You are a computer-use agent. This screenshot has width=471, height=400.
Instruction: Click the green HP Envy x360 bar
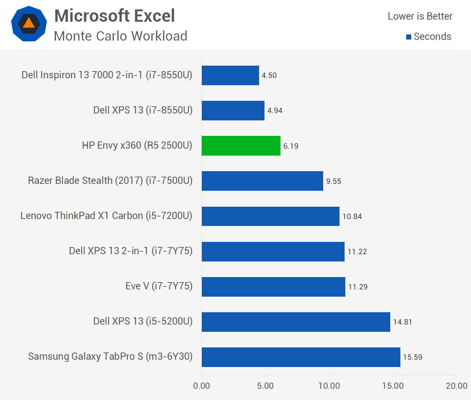[241, 146]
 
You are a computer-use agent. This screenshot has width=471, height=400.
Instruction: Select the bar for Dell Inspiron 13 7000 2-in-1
[230, 75]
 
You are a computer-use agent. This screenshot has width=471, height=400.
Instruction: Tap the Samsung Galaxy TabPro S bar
[301, 357]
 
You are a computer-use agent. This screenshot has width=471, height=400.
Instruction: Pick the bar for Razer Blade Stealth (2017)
[263, 181]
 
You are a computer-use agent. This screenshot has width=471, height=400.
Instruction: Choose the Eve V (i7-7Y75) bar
[274, 286]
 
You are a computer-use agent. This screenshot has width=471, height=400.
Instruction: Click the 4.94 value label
[275, 111]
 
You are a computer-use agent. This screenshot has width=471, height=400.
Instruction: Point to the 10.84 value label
[352, 216]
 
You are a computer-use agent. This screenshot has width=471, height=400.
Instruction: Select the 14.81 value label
[403, 322]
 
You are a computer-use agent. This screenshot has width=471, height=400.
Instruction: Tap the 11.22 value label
[357, 252]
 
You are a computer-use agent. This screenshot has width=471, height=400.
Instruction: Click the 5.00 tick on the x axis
[265, 385]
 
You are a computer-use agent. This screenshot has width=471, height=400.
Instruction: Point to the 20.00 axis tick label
[457, 385]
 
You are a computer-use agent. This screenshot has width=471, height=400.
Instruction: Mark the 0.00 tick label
[201, 385]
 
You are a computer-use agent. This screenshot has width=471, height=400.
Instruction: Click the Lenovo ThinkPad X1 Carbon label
[107, 216]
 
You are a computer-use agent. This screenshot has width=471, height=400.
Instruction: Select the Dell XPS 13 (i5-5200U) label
[143, 321]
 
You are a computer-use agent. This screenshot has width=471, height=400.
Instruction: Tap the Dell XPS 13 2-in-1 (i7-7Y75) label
[131, 251]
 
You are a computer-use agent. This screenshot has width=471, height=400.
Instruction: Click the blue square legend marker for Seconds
[409, 37]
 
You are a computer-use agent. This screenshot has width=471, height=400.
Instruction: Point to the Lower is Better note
[420, 16]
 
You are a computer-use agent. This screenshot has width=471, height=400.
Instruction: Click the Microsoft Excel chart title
[114, 16]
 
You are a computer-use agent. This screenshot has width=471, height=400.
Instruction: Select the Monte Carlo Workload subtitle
[121, 36]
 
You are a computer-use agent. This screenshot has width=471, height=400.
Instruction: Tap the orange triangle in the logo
[29, 23]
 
